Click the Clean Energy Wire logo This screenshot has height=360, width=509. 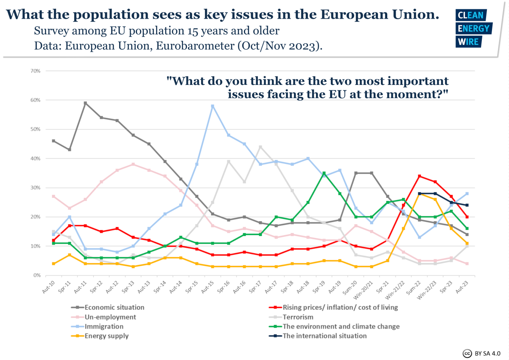click(x=473, y=28)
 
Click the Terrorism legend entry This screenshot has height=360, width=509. click(x=298, y=317)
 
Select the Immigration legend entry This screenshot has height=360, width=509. click(x=104, y=326)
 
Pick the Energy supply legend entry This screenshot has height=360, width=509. click(x=106, y=336)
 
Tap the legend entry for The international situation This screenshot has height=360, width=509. click(x=324, y=336)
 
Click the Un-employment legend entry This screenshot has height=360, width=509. click(x=110, y=317)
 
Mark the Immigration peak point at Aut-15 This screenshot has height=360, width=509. click(x=213, y=106)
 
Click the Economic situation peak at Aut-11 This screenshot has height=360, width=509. click(x=85, y=103)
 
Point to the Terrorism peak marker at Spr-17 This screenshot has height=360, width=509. click(x=260, y=147)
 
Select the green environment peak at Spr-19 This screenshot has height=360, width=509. click(x=324, y=173)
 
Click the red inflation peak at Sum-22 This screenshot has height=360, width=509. click(x=420, y=176)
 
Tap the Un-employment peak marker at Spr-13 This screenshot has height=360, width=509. click(x=133, y=164)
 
